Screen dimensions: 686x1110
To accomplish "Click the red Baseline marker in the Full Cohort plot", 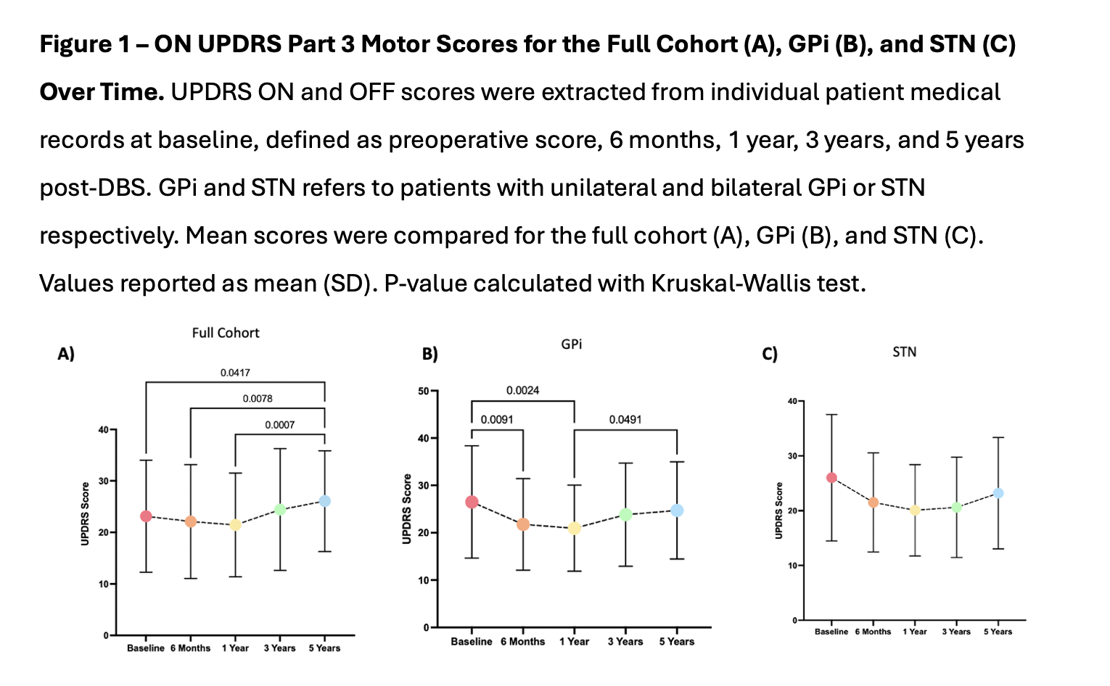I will (x=146, y=516).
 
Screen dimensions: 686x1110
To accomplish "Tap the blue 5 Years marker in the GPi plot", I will (x=677, y=511).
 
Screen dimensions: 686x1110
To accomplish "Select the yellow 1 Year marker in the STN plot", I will (x=915, y=510).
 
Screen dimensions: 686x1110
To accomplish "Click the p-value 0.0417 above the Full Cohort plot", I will (x=235, y=373).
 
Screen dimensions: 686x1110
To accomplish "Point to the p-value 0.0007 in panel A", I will (x=279, y=425).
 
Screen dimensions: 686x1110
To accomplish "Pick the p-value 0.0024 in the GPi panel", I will (x=522, y=391).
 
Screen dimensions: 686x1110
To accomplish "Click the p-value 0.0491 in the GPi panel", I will (x=625, y=420).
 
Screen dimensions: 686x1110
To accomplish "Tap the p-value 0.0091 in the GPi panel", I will (x=497, y=420).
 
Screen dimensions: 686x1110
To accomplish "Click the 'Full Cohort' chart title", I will (x=226, y=333).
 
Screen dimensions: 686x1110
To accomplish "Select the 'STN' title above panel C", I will (x=904, y=352).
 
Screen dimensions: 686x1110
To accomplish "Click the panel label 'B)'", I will (x=429, y=355).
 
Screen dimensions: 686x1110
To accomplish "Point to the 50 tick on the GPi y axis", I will (x=424, y=392).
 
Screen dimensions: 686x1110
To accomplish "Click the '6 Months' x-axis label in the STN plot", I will (x=873, y=632).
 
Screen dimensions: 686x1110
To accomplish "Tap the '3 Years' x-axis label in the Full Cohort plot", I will (x=279, y=648).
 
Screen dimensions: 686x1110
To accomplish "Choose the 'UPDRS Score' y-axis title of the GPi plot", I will (x=407, y=509).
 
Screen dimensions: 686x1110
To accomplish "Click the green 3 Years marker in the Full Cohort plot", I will (x=280, y=510).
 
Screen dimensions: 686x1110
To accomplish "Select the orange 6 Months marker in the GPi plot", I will (x=522, y=524).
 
